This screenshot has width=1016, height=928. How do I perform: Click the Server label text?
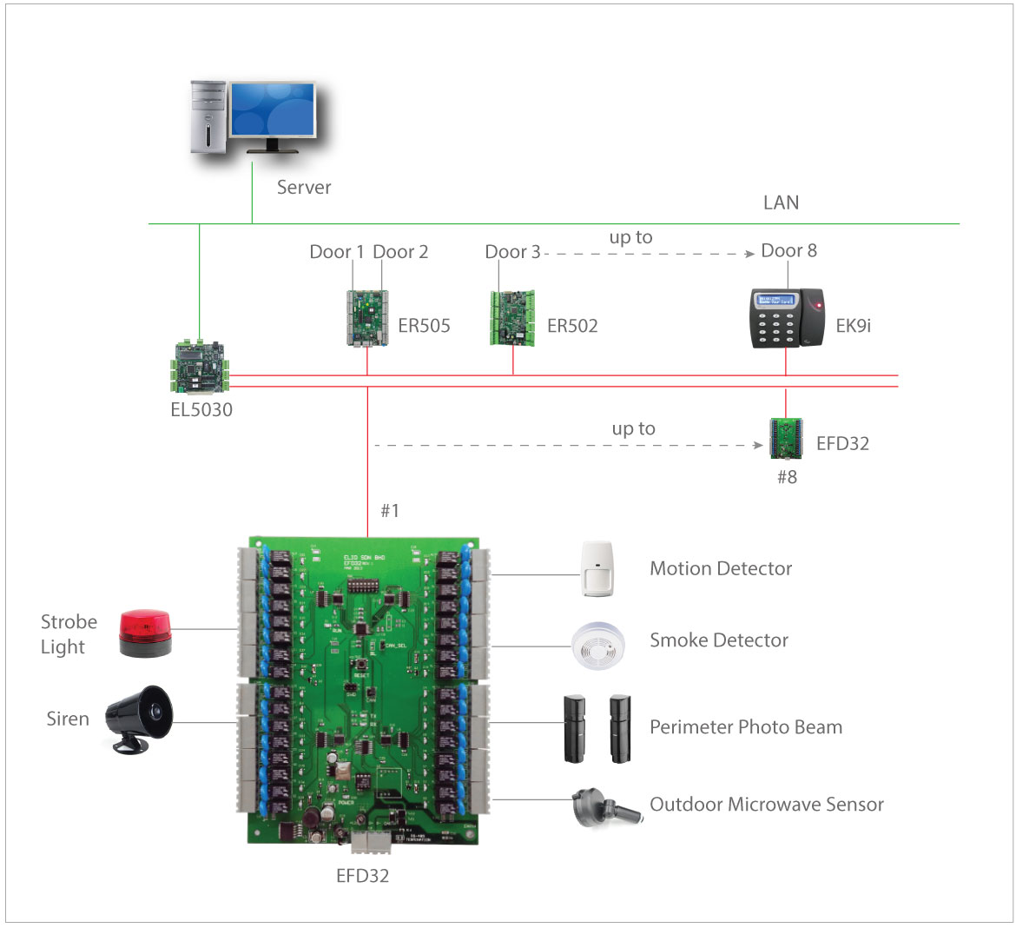tap(304, 187)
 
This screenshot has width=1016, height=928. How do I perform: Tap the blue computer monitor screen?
tap(272, 109)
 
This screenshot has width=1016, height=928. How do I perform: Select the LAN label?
tap(781, 202)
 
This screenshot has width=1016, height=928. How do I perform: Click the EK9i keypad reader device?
tap(787, 319)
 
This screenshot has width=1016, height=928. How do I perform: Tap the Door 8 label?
tap(788, 250)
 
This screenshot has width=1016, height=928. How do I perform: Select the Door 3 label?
tap(512, 252)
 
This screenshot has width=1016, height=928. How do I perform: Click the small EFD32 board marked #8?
tap(786, 439)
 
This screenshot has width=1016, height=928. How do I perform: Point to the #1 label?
tap(390, 510)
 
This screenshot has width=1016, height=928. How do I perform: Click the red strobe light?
tap(145, 633)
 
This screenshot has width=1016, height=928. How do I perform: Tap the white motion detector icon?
tap(597, 569)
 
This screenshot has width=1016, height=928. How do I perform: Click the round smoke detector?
tap(597, 644)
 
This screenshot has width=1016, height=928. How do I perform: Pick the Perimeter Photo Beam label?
tap(746, 727)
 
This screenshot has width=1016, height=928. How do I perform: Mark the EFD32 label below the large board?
tap(362, 876)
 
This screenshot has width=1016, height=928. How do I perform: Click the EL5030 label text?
tap(201, 410)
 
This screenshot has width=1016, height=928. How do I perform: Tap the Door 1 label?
tap(337, 252)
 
